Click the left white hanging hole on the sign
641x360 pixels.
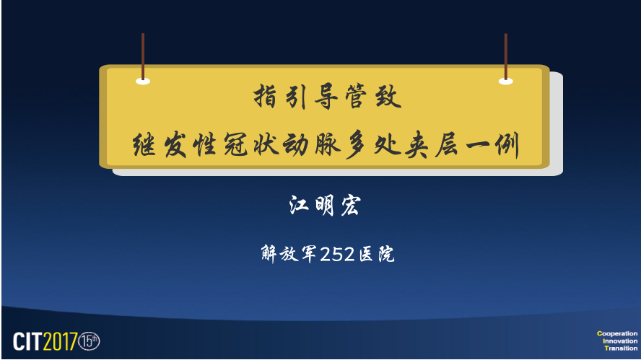click(x=143, y=82)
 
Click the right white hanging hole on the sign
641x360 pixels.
click(x=506, y=82)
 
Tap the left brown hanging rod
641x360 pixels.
click(x=143, y=56)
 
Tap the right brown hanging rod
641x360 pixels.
click(x=506, y=56)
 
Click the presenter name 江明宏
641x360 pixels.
click(x=325, y=205)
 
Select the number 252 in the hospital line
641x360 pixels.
click(x=337, y=254)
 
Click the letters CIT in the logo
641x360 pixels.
click(x=28, y=341)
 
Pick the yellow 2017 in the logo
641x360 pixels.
click(x=60, y=341)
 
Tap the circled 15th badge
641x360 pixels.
click(x=89, y=341)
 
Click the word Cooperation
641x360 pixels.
click(x=617, y=333)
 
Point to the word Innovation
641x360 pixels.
click(x=620, y=341)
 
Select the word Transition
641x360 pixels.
click(x=621, y=348)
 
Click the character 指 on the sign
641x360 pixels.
click(x=265, y=97)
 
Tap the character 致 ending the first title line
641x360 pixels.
click(x=388, y=97)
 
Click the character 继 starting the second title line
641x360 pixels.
click(x=144, y=145)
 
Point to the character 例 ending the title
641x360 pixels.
click(x=507, y=145)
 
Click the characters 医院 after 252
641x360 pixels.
click(x=377, y=254)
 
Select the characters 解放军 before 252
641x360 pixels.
click(x=289, y=254)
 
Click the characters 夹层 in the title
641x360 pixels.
click(x=432, y=145)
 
